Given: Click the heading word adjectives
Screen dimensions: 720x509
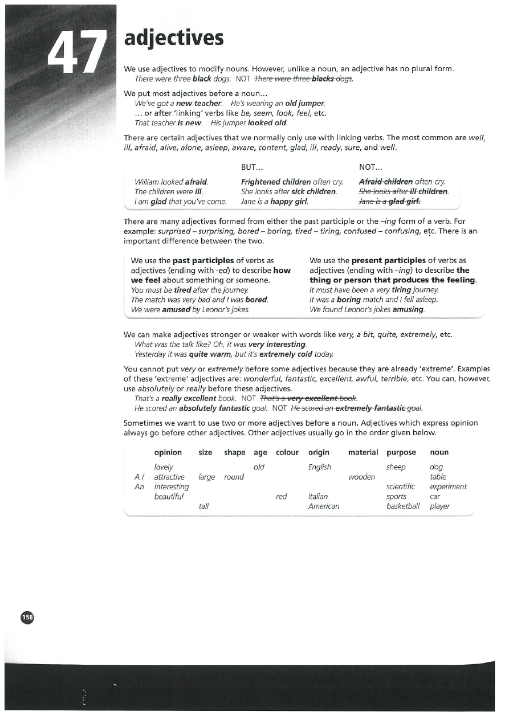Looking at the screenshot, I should [x=174, y=38].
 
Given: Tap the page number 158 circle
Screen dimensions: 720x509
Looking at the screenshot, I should [x=28, y=617].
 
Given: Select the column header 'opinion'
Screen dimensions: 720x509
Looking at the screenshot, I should [x=168, y=452].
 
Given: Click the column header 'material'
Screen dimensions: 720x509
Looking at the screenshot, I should [x=363, y=452].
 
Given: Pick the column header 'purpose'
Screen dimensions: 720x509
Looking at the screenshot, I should [x=401, y=452].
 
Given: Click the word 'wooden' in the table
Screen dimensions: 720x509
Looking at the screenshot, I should [x=361, y=477].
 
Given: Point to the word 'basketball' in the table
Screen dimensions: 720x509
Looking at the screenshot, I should [x=403, y=506].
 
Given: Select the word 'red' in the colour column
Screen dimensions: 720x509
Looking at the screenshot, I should [x=281, y=496].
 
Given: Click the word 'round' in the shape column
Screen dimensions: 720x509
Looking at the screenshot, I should [x=234, y=477].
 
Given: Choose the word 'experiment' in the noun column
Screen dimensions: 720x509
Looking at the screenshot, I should [x=448, y=486].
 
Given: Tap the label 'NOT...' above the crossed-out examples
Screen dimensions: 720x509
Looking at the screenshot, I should [x=371, y=168].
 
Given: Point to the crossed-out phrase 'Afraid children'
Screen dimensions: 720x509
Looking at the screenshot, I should [x=386, y=182].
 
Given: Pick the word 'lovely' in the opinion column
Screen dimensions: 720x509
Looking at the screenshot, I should [x=164, y=467].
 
